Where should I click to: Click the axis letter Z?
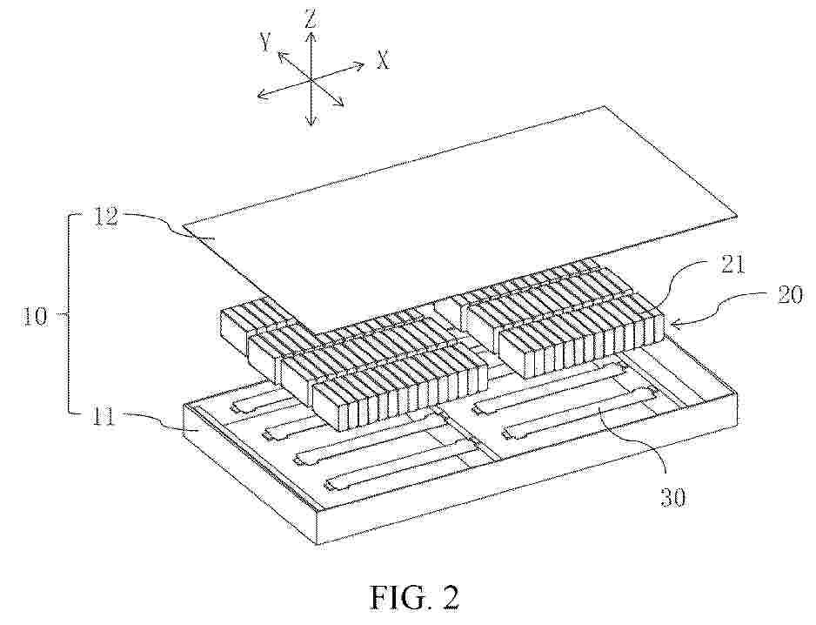311,20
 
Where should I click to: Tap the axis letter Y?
266,43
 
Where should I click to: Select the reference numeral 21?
733,265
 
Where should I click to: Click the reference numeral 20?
789,297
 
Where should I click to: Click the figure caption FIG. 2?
415,597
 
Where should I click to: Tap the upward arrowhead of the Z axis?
311,37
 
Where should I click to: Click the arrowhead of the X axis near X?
359,64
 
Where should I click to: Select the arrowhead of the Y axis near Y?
282,55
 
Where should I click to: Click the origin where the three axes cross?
311,80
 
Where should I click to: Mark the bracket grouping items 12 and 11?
68,314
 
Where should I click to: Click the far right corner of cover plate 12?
737,214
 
